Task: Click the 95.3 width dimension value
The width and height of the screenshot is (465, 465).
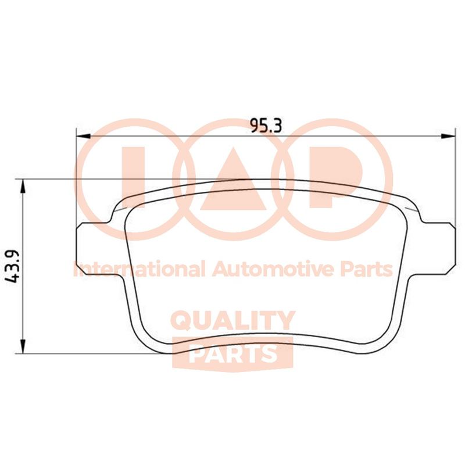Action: [266, 126]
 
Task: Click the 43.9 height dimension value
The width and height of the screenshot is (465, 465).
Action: [13, 267]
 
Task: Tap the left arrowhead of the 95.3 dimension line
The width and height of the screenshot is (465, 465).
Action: [83, 136]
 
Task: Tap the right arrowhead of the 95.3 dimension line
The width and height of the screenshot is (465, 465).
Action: [448, 136]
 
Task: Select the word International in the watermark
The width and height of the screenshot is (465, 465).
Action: [139, 269]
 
